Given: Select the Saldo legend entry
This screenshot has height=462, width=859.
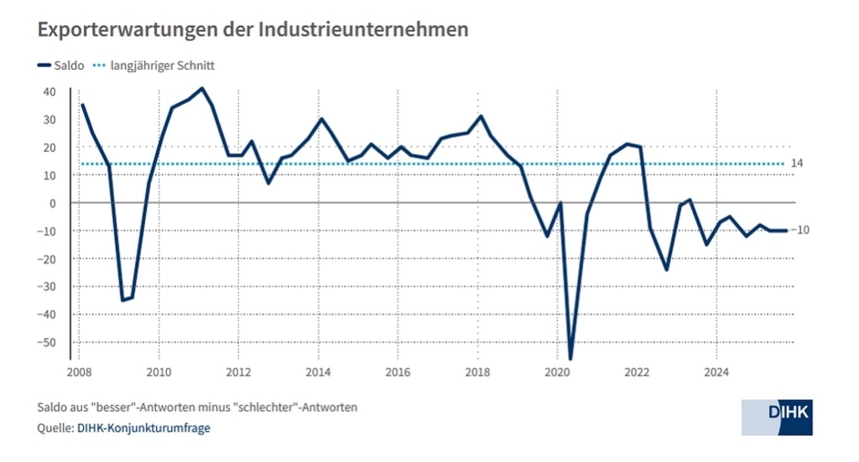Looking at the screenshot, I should pyautogui.click(x=61, y=66).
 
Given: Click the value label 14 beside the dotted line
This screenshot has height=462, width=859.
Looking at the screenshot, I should pyautogui.click(x=797, y=163).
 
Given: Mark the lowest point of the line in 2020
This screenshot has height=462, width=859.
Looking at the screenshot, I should pyautogui.click(x=570, y=359).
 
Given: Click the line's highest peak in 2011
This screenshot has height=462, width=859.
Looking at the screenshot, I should pyautogui.click(x=202, y=88).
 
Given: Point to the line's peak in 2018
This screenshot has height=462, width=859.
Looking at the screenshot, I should pyautogui.click(x=481, y=116).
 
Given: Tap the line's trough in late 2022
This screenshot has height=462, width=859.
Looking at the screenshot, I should pyautogui.click(x=667, y=270).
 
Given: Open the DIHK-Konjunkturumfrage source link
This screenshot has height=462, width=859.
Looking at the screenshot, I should pyautogui.click(x=143, y=428).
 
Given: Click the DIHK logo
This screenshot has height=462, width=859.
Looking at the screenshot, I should pyautogui.click(x=777, y=417).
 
